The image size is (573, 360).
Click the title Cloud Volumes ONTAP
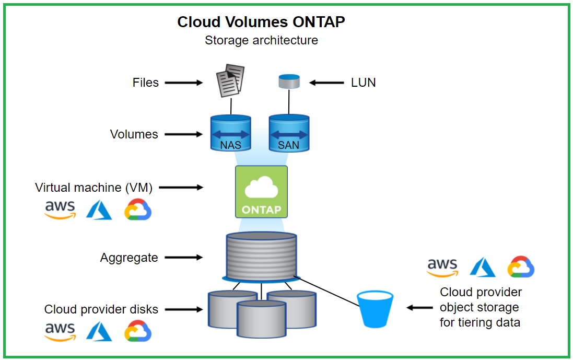[x=261, y=22]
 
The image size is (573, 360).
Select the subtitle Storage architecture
[x=261, y=40]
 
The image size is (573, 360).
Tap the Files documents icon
[x=230, y=81]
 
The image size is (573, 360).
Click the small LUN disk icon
[x=289, y=82]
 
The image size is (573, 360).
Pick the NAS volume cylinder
[x=230, y=133]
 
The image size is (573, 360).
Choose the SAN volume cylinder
[x=289, y=133]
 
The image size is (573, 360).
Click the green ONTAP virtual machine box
[x=261, y=191]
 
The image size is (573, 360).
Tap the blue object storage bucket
[x=375, y=309]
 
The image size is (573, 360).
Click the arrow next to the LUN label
[x=327, y=83]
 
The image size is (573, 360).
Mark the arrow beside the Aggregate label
[x=184, y=257]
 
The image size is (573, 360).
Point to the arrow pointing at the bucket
[x=419, y=308]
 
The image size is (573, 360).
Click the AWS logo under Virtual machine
[x=60, y=210]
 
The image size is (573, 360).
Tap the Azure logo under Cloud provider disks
[x=99, y=331]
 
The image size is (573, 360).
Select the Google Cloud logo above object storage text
[x=520, y=266]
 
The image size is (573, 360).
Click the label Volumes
[x=134, y=134]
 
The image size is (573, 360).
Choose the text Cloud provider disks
[x=101, y=309]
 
